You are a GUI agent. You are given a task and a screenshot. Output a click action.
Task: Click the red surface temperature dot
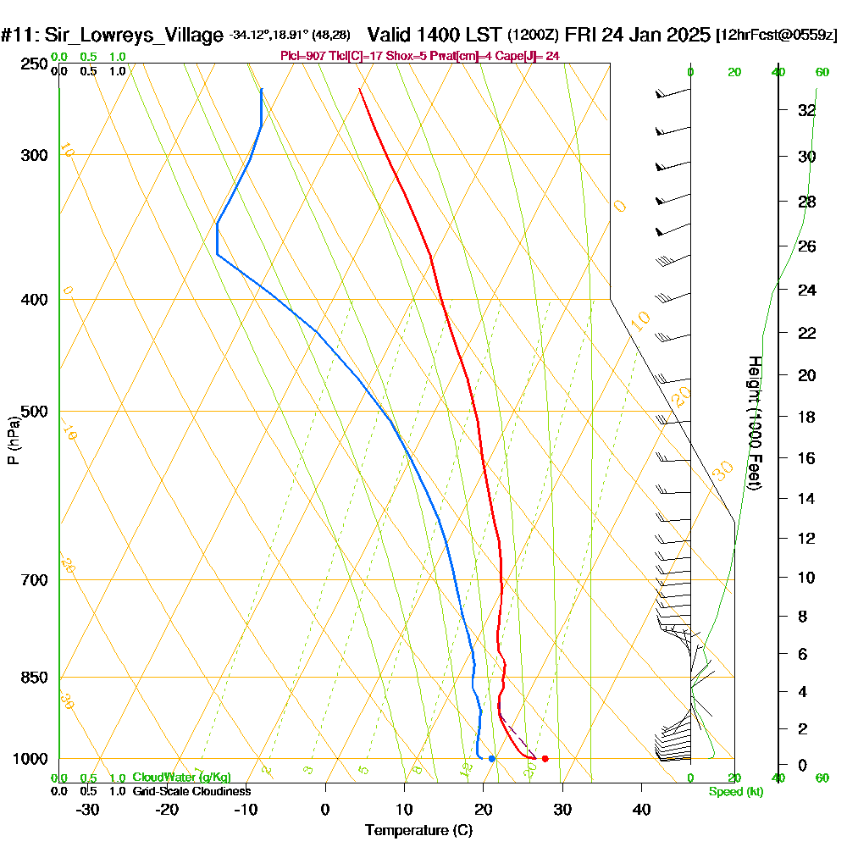point(545,758)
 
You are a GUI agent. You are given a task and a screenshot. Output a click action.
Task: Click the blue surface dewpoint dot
point(491,758)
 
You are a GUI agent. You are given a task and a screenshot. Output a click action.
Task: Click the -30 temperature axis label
point(88,810)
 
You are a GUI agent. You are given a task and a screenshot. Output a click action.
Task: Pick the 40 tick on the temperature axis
point(642,810)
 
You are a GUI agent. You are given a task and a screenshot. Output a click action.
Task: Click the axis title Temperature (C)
point(418,831)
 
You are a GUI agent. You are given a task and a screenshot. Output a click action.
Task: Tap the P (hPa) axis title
point(13,440)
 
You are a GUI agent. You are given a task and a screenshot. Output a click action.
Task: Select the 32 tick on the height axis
point(806,110)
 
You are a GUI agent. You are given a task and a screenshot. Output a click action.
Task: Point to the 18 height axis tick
point(806,417)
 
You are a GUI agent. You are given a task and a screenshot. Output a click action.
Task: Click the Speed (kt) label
point(734,791)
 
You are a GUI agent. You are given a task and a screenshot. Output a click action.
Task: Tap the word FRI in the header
point(580,36)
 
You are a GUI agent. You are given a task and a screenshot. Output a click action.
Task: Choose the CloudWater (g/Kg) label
point(181,777)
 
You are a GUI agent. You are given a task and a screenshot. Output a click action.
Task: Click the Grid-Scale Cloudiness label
point(191,791)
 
